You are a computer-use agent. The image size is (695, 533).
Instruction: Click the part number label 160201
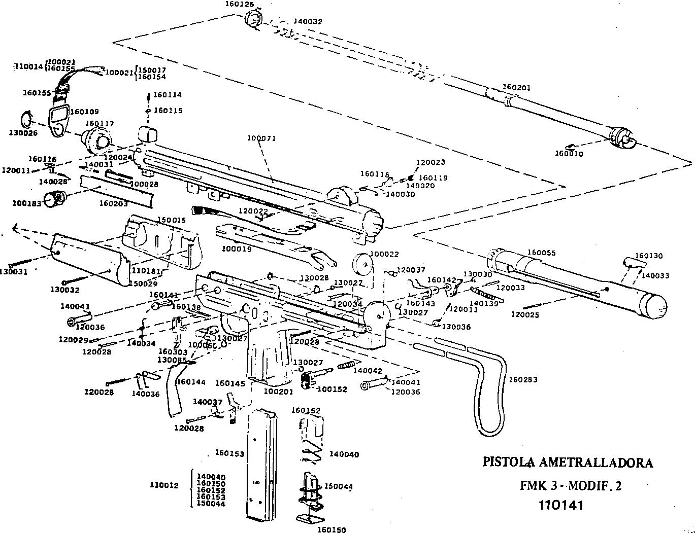[x=516, y=88]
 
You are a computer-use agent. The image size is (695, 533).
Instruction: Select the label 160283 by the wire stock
[x=523, y=380]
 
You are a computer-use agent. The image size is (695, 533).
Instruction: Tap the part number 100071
[x=261, y=138]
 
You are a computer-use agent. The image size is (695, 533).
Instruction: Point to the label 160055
[x=541, y=253]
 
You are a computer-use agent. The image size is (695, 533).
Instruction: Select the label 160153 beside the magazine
[x=229, y=453]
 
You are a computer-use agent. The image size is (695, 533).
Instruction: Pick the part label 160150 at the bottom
[x=332, y=530]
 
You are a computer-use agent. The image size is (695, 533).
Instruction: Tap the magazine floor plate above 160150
[x=310, y=518]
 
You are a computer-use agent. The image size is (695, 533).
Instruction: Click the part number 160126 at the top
[x=240, y=5]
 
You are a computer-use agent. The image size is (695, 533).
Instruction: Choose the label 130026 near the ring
[x=23, y=133]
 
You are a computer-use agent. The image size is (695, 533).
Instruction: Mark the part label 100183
[x=27, y=203]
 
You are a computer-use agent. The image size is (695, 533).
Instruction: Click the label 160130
[x=649, y=256]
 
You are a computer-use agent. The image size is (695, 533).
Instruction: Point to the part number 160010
[x=569, y=154]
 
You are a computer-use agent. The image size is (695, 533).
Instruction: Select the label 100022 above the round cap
[x=384, y=254]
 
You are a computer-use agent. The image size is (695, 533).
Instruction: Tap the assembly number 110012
[x=164, y=485]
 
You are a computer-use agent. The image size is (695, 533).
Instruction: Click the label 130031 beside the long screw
[x=24, y=272]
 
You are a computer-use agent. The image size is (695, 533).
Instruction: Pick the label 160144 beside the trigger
[x=191, y=382]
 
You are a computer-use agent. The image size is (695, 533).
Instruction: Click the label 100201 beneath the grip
[x=279, y=392]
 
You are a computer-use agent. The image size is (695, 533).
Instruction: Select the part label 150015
[x=172, y=221]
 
